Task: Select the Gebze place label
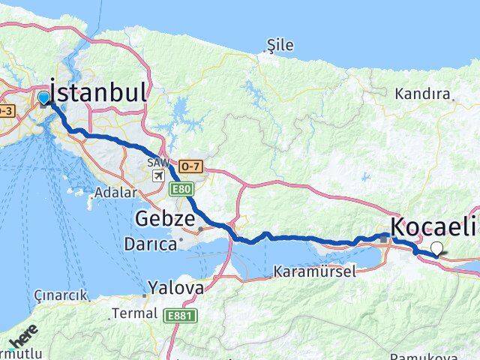coord(166,220)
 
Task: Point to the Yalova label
coord(175,287)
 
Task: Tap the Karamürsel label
coord(315,272)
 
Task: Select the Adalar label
coord(116,193)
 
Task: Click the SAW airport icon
coord(158,175)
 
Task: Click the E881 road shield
coord(180,316)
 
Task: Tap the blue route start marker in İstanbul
coord(43,98)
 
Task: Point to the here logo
coord(22,339)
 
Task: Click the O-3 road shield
coord(6,111)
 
